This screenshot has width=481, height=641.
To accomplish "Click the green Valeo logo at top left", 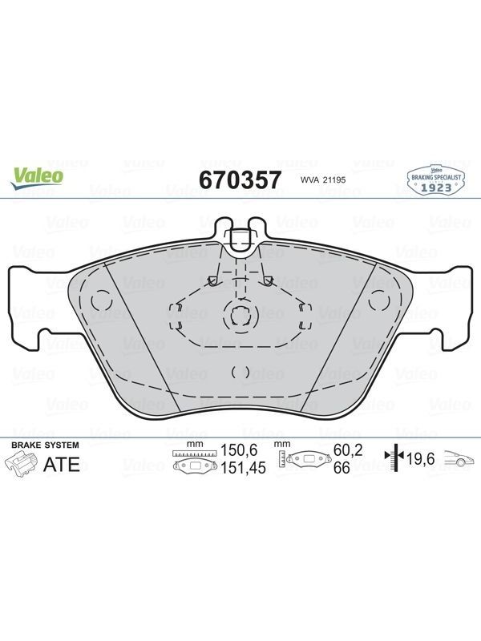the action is (37, 179).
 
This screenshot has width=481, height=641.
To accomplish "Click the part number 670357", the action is (240, 179).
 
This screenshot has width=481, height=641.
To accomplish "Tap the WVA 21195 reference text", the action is (323, 179).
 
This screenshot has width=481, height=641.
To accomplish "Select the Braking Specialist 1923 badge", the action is (436, 179).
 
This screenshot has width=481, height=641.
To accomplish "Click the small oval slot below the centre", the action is (240, 372).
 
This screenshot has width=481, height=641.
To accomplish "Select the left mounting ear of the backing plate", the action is (29, 308).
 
